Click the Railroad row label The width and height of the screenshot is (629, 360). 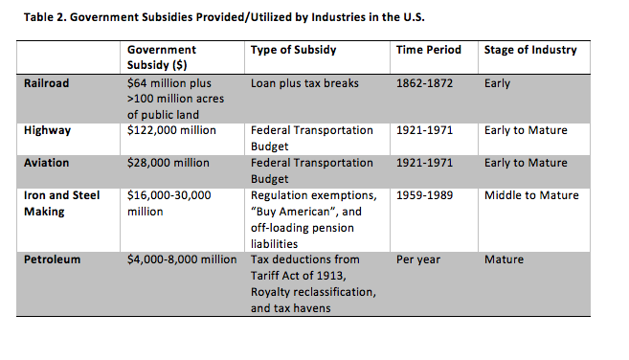46,83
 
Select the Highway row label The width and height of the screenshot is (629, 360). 47,131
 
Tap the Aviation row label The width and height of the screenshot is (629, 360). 46,163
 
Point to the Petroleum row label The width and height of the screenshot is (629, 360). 52,259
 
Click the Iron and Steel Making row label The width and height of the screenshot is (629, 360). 61,204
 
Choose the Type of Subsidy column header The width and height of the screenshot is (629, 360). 293,50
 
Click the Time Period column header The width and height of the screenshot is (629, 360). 428,50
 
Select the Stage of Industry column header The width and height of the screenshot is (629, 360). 530,50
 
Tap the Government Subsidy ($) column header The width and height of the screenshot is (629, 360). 161,57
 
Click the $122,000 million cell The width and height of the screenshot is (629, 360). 171,130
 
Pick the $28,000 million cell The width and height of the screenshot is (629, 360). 168,163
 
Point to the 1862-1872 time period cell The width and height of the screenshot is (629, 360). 424,83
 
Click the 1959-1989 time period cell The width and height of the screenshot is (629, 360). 424,195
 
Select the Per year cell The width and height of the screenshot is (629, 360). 418,259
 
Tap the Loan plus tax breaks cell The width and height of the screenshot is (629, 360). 304,83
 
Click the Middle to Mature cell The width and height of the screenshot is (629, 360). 531,195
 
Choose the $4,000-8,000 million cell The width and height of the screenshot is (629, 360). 182,259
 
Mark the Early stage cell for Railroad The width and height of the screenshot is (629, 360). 497,83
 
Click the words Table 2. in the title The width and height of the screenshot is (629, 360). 45,17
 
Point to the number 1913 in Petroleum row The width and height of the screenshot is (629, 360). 331,276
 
